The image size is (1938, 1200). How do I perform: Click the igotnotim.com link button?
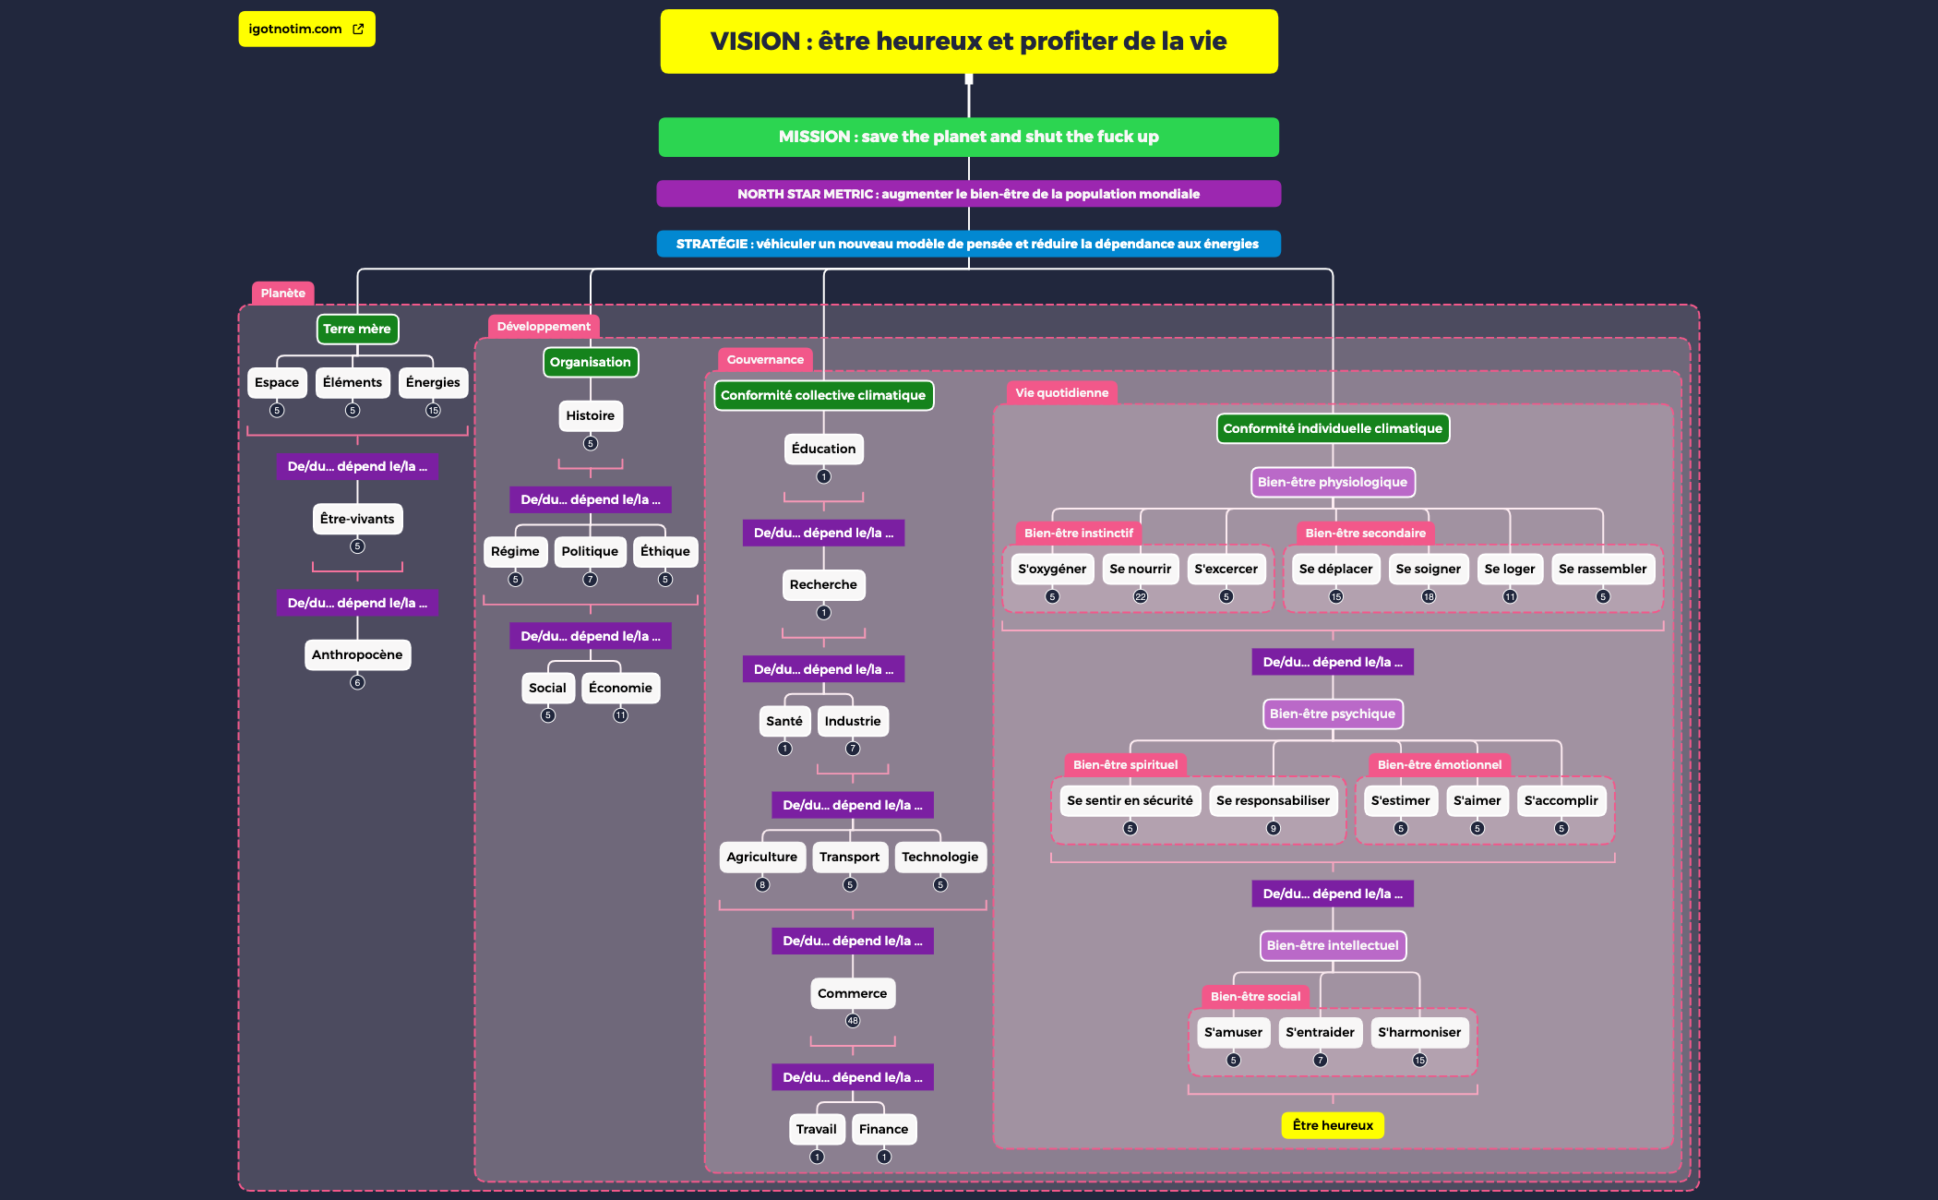pyautogui.click(x=306, y=30)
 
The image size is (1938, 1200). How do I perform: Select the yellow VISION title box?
pyautogui.click(x=968, y=42)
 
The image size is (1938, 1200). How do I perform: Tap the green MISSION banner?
pyautogui.click(x=968, y=137)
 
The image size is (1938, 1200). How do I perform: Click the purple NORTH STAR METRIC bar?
pyautogui.click(x=968, y=194)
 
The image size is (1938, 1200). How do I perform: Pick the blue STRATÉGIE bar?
pyautogui.click(x=968, y=244)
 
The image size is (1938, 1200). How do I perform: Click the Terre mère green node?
pyautogui.click(x=357, y=329)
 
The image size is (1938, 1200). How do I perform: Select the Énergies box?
pyautogui.click(x=433, y=382)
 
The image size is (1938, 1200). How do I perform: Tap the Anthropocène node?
pyautogui.click(x=357, y=654)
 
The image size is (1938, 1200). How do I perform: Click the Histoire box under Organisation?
pyautogui.click(x=591, y=415)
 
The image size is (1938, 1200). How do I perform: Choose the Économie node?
pyautogui.click(x=620, y=688)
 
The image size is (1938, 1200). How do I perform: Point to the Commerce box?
pyautogui.click(x=852, y=993)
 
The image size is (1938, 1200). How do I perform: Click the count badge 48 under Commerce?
pyautogui.click(x=853, y=1021)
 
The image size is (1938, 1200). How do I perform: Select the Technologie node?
pyautogui.click(x=939, y=857)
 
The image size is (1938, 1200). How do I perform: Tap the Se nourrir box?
pyautogui.click(x=1140, y=569)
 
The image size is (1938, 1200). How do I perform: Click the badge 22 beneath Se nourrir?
pyautogui.click(x=1141, y=597)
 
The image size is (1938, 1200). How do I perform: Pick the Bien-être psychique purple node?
pyautogui.click(x=1332, y=714)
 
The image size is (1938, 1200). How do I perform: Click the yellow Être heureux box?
pyautogui.click(x=1332, y=1125)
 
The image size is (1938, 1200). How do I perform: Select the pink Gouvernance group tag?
pyautogui.click(x=765, y=360)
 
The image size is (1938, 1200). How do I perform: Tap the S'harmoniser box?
pyautogui.click(x=1419, y=1032)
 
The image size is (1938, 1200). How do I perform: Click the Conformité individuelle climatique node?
pyautogui.click(x=1332, y=428)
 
